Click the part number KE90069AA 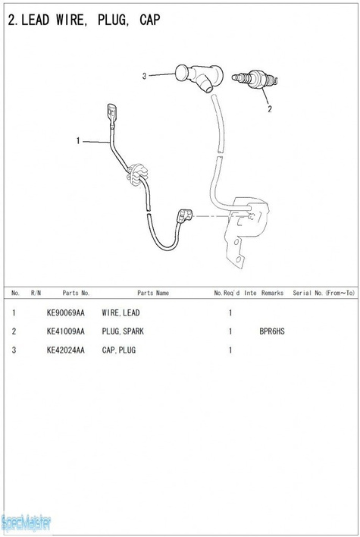(65, 312)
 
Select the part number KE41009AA (65, 331)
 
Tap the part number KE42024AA (65, 350)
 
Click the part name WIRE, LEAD (121, 312)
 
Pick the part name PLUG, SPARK (123, 331)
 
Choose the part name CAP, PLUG (119, 350)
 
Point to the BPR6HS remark (272, 331)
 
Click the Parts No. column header (76, 293)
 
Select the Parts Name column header (153, 293)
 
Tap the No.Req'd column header (227, 293)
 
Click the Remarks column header (272, 293)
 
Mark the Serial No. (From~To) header (324, 293)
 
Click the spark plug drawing (254, 79)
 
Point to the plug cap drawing (199, 77)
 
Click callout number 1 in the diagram (78, 141)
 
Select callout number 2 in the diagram (270, 109)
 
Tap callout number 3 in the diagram (144, 76)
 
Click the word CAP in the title (150, 20)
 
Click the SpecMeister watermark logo (26, 523)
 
